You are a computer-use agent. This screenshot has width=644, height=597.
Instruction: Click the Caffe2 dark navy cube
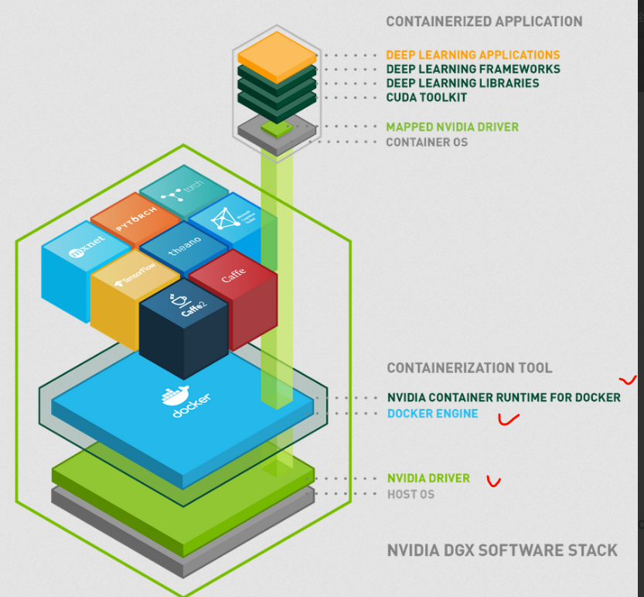coord(184,325)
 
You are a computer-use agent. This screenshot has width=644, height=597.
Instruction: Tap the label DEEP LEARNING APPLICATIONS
coord(473,55)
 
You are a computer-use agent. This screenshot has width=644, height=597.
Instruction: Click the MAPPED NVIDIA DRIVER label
coord(452,127)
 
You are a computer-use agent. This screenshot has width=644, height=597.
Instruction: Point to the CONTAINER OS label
coord(427,142)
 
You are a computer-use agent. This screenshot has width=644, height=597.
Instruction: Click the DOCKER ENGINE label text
coord(432,414)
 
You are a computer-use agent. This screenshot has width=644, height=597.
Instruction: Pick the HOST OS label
coord(411,494)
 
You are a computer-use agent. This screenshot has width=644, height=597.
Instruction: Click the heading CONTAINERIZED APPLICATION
coord(484,22)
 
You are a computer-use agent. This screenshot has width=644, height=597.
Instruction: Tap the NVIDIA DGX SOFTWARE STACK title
coord(502,551)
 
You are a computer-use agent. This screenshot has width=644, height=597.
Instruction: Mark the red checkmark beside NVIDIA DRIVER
coord(493,482)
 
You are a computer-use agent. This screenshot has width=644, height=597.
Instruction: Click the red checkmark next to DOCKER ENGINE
coord(508,419)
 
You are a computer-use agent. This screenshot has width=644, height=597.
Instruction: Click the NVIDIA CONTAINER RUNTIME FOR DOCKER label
coord(503,397)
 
